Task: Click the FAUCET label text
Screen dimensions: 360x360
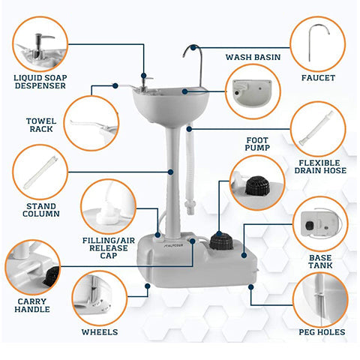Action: tap(318, 78)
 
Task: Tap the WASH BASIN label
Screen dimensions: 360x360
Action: tap(253, 57)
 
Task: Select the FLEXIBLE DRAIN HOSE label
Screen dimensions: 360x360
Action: tap(320, 166)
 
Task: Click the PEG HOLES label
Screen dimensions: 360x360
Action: tap(322, 332)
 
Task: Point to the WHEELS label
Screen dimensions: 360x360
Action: tap(100, 332)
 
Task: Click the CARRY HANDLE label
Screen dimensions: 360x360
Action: tap(32, 305)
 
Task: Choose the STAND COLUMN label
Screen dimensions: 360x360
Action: tap(41, 210)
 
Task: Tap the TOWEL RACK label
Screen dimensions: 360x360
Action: tap(41, 125)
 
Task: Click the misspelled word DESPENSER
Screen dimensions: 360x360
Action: tap(40, 85)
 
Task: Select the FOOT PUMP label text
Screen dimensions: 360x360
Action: tap(257, 144)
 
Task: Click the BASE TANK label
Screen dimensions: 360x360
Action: tap(320, 262)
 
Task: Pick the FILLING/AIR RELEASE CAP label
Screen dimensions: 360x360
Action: tap(109, 248)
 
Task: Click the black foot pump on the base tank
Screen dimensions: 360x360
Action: tap(221, 241)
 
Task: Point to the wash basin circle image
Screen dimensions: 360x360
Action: tap(253, 91)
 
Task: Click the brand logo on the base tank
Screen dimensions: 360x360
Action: tap(174, 245)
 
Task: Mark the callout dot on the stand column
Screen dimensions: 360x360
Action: tap(170, 172)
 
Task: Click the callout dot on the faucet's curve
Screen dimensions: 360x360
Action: tap(193, 47)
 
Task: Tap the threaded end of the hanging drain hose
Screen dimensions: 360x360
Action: tap(190, 208)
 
